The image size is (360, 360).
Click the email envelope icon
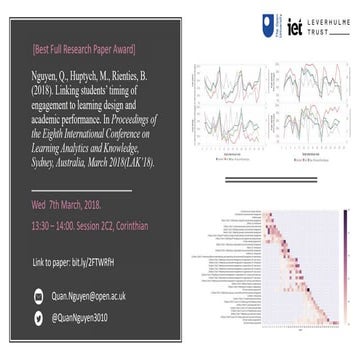point(39,295)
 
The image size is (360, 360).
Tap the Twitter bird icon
point(39,319)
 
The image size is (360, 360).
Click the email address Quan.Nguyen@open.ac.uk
point(96,295)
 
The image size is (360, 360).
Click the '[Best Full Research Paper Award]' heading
point(84,49)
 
